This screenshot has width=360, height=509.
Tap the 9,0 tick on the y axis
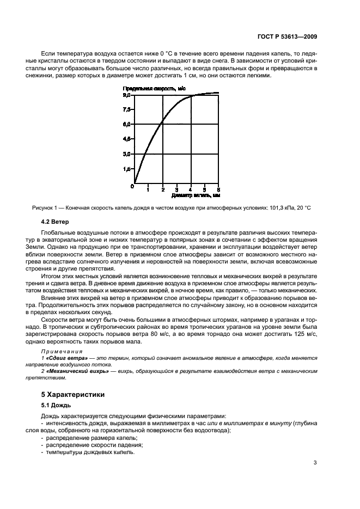[126, 95]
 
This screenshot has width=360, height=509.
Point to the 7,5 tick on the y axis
[126, 109]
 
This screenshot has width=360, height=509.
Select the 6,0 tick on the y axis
[126, 125]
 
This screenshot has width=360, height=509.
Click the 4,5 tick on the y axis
[126, 139]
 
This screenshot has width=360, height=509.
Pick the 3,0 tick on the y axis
[126, 155]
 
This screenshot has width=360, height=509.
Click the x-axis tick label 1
[148, 189]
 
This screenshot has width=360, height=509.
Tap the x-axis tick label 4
[190, 189]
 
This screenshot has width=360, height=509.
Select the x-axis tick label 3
[176, 189]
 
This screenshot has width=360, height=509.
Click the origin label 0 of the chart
[131, 187]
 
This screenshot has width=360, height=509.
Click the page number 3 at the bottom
[315, 463]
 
